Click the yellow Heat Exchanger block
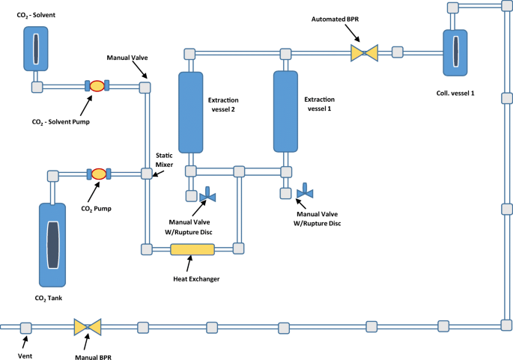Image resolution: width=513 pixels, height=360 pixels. [192, 249]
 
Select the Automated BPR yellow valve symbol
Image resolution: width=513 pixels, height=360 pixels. [364, 53]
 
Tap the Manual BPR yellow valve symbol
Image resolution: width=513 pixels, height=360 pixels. [88, 327]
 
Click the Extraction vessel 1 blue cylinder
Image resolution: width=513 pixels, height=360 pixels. [285, 112]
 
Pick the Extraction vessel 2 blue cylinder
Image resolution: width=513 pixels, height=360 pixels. [191, 112]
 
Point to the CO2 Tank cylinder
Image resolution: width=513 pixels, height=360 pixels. [52, 245]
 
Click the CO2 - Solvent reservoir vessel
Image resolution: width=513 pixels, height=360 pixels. [36, 49]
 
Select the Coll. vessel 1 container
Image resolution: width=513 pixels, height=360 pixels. [455, 53]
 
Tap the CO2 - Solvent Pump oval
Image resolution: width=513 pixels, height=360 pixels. [97, 85]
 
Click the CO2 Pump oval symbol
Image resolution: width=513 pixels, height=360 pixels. [98, 174]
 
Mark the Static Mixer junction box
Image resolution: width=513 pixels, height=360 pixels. [147, 174]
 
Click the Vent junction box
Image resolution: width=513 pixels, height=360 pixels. [26, 328]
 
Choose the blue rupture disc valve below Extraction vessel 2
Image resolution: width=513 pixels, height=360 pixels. [207, 195]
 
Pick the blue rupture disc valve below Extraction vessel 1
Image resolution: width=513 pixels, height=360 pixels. [305, 192]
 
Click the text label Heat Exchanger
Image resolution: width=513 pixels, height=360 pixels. [196, 279]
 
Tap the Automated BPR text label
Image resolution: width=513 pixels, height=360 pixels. [335, 19]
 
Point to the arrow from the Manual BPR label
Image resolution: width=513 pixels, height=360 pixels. [86, 342]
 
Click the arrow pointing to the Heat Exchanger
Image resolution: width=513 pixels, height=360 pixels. [189, 263]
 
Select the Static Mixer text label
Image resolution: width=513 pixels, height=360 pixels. [164, 160]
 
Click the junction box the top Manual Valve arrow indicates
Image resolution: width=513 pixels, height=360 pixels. [145, 88]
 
